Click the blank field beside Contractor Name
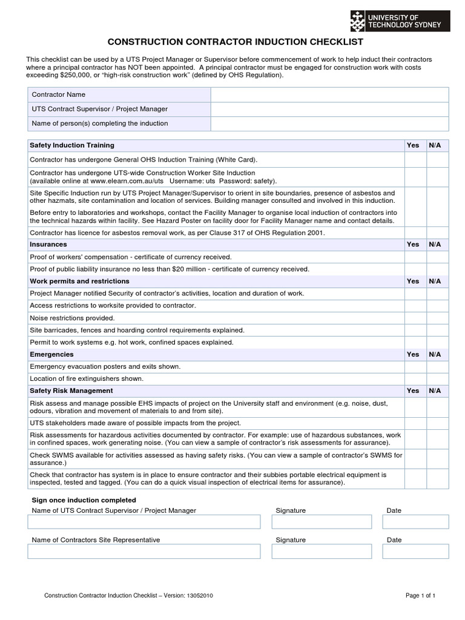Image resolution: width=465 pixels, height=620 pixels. (329, 95)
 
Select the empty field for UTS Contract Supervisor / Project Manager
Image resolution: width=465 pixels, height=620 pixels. (329, 110)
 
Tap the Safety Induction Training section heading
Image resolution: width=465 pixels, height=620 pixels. (72, 145)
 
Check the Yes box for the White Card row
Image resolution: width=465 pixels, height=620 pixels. (415, 160)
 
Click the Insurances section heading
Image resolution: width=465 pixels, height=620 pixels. (48, 245)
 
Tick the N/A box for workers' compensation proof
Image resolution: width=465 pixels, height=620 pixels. (438, 257)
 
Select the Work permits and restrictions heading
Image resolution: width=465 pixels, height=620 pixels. (79, 282)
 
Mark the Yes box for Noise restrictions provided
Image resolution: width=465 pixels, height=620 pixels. (415, 318)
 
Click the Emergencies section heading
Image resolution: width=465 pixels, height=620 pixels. (51, 354)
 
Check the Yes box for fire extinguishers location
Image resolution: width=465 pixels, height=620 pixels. (415, 378)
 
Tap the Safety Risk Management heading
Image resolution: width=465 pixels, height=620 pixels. (71, 391)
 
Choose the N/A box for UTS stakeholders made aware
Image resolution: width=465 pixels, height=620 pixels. (438, 423)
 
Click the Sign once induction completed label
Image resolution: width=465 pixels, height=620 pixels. (84, 500)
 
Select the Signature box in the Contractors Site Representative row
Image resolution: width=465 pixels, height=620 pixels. (322, 551)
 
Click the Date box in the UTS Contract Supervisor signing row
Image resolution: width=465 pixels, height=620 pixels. (417, 522)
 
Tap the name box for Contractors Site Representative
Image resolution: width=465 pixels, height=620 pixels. (143, 551)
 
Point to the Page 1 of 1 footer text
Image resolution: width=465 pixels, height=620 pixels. (420, 596)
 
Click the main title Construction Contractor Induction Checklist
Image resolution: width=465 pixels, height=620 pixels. (236, 42)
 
